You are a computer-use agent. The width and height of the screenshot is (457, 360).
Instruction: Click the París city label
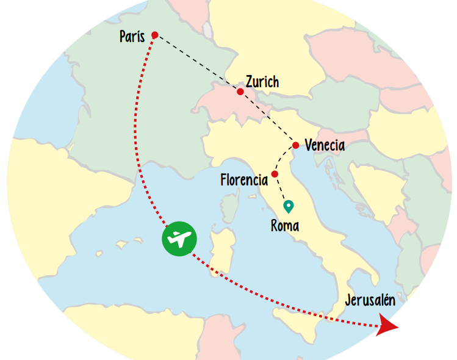tap(132, 37)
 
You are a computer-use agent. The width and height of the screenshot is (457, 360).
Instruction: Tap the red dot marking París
tap(154, 35)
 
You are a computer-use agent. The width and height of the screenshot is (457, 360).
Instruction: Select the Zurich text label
tap(262, 82)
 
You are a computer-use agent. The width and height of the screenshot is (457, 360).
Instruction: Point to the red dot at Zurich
tap(240, 92)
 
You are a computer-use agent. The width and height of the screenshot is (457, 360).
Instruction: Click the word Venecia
tap(325, 146)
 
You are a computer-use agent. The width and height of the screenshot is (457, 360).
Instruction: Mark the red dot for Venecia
tap(296, 145)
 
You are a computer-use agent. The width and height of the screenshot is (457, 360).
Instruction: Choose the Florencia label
tap(244, 180)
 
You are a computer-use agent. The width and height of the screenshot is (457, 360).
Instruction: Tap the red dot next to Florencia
tap(275, 175)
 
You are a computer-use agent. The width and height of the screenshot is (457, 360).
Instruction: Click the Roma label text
tap(285, 226)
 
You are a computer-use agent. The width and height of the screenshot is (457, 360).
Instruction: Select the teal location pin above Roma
tap(287, 206)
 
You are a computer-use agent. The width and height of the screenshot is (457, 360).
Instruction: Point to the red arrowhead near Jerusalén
tap(386, 326)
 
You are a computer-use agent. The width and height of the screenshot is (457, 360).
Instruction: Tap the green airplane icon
tap(179, 239)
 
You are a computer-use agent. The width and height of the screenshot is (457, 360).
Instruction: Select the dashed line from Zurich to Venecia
tap(268, 119)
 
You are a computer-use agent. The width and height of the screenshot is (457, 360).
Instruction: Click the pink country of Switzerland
tap(220, 101)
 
